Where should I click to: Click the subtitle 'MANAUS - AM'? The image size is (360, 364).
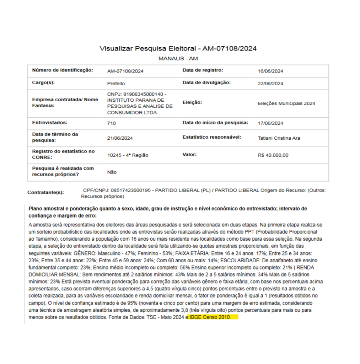(178, 58)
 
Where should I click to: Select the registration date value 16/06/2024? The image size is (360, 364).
(270, 71)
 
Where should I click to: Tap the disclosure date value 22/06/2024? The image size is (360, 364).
(270, 84)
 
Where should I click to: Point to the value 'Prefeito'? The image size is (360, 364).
(116, 84)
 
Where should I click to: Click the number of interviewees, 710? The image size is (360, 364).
(111, 123)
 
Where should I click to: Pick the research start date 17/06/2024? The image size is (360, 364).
(270, 123)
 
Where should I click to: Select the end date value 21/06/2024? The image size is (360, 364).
(120, 138)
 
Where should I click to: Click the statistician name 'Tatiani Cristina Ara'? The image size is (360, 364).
(279, 138)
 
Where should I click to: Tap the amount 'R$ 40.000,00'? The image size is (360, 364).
(273, 155)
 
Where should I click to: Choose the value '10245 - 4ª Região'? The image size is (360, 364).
(128, 155)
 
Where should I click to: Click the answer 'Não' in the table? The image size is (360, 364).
(112, 172)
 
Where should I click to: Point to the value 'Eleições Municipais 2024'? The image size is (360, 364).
(286, 103)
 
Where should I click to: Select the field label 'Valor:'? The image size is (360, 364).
(189, 155)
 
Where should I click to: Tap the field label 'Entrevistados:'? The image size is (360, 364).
(49, 122)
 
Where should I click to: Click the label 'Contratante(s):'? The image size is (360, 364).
(45, 192)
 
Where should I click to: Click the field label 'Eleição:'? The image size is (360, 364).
(192, 102)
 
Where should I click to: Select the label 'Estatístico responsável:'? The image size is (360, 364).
(212, 137)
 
